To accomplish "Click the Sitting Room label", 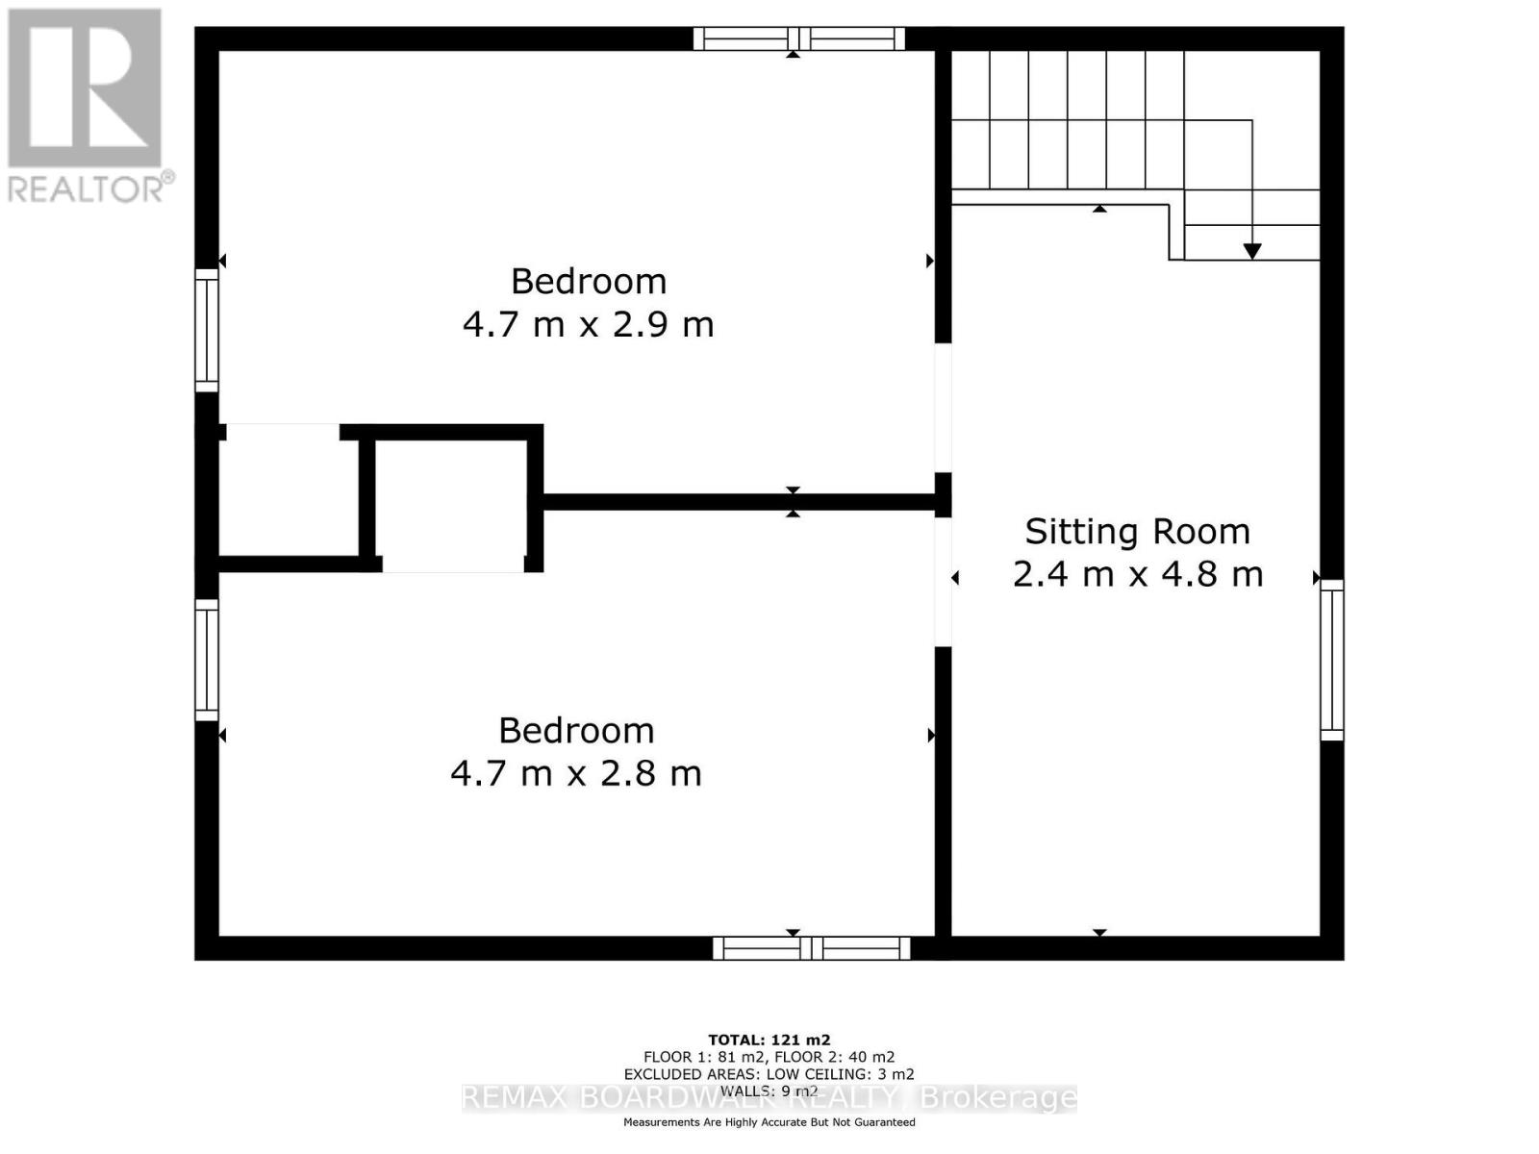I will click(x=1137, y=532).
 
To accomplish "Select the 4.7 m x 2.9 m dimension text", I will click(x=588, y=325).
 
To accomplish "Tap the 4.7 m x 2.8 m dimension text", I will click(x=576, y=774).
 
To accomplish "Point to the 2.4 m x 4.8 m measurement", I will click(x=1137, y=575).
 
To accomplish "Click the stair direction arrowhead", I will click(x=1251, y=251).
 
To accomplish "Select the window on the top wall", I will click(x=798, y=38).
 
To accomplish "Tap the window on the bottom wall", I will click(x=811, y=948).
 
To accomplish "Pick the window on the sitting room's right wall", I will click(x=1331, y=660).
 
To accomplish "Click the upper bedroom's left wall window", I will click(x=207, y=330).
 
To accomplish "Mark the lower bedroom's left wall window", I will click(x=207, y=660).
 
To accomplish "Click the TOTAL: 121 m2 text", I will click(x=769, y=1040).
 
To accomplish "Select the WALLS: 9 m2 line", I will click(x=769, y=1091).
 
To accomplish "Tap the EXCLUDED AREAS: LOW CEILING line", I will click(x=769, y=1074).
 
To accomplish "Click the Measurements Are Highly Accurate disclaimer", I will click(x=769, y=1122).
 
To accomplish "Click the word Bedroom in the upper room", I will click(x=588, y=282).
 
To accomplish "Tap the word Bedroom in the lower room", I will click(x=576, y=731).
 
